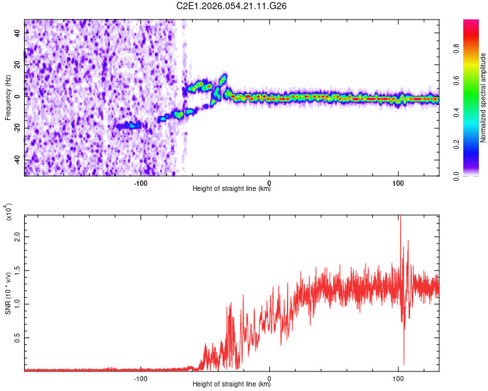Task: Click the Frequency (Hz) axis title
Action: pos(8,98)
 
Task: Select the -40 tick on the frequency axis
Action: pos(18,160)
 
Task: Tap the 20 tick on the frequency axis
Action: pos(18,65)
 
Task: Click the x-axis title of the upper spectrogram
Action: pos(232,189)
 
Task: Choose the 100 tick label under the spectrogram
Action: pos(398,182)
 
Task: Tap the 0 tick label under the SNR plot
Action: pos(269,377)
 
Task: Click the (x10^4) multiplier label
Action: pos(9,213)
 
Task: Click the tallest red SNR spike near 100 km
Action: pos(400,219)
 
